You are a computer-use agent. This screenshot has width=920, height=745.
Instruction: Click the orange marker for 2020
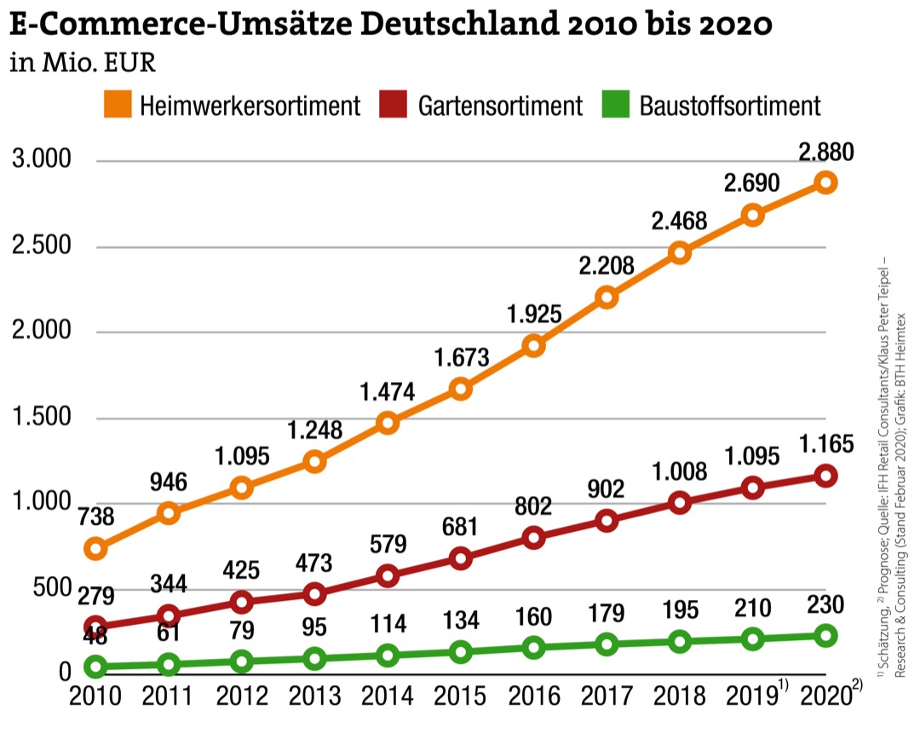pos(825,182)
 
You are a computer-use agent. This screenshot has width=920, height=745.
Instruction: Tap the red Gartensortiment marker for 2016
pos(534,538)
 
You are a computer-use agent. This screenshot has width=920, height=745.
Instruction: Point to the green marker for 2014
pos(388,655)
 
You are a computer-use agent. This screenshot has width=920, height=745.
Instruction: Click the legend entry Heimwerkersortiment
pos(250,107)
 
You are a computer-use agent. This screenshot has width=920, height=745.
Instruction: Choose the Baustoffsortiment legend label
pos(729,107)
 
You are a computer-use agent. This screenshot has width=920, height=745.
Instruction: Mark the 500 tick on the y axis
pos(53,588)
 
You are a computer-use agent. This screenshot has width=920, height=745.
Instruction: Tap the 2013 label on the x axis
pos(315,696)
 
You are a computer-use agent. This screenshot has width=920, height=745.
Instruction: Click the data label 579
pos(388,544)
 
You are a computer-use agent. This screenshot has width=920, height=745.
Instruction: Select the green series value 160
pos(534,615)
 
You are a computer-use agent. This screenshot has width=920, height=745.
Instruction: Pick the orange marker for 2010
pos(95,549)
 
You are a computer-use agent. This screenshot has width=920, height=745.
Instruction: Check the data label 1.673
pos(461,356)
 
